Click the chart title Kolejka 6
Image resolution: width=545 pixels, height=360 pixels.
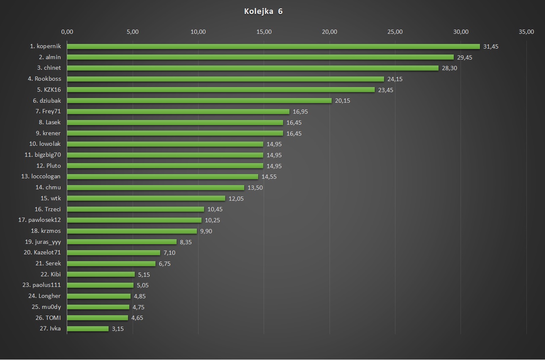263,11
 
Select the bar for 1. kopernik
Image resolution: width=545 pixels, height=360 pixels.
273,46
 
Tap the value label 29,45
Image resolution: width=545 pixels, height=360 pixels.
464,57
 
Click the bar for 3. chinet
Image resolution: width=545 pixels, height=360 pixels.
252,68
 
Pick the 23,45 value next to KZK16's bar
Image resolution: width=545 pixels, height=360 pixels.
385,90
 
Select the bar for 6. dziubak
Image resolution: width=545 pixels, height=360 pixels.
199,101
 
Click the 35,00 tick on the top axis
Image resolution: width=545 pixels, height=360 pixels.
526,32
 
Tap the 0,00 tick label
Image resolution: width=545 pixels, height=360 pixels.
67,32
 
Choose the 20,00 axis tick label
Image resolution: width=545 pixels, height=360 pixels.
330,32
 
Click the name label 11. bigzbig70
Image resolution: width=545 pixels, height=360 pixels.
43,155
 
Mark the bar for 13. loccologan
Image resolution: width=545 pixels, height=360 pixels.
162,177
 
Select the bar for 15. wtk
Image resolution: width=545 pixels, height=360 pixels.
146,198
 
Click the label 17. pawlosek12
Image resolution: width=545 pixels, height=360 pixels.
40,220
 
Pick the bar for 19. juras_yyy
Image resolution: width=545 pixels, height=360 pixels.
122,242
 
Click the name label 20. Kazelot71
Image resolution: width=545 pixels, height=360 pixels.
42,253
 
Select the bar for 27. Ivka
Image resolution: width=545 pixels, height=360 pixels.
87,329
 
